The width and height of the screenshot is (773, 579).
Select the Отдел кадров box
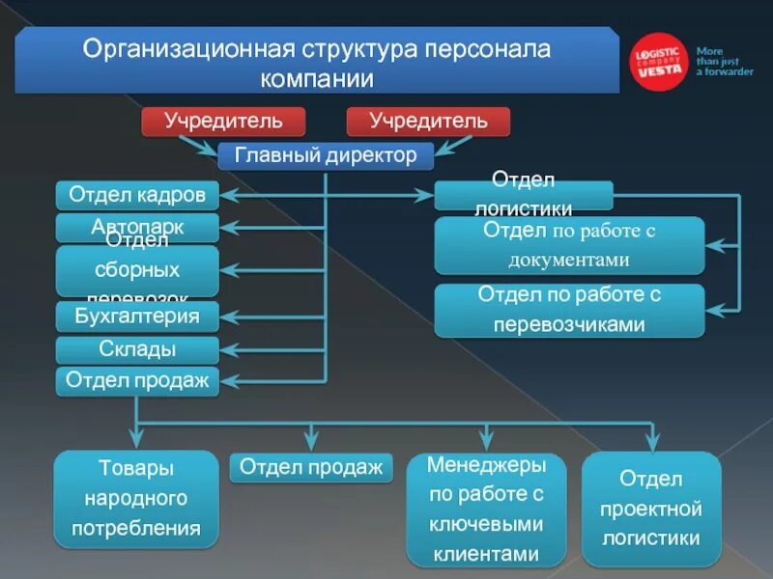[x=137, y=196]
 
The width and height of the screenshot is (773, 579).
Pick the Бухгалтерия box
[x=137, y=316]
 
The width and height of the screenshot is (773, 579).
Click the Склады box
[x=137, y=349]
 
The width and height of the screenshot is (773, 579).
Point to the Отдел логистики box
[x=523, y=196]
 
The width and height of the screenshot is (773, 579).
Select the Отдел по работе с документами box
[x=569, y=245]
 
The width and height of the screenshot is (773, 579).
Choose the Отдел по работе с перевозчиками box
[x=569, y=310]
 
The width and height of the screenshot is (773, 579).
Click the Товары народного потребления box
[x=135, y=499]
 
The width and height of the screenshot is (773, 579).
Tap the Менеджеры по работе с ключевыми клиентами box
[x=487, y=510]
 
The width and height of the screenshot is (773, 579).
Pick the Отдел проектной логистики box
[x=651, y=508]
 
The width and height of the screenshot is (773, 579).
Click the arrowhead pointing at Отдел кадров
[x=228, y=196]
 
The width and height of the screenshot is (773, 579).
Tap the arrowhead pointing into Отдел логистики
[x=426, y=196]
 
